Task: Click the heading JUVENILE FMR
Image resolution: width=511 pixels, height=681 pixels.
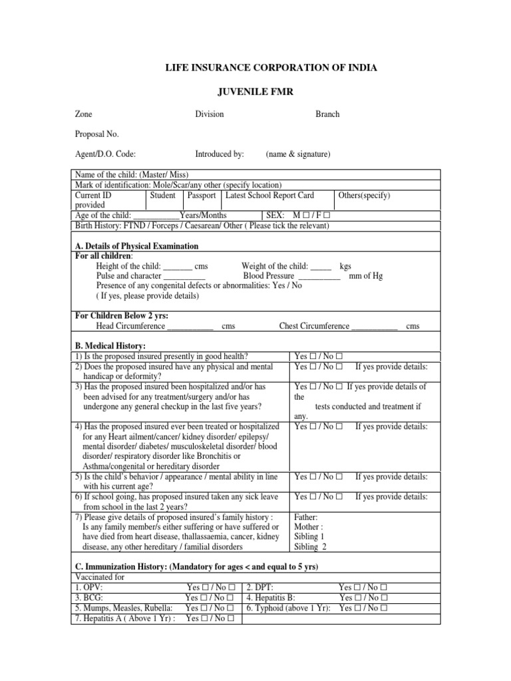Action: pyautogui.click(x=256, y=91)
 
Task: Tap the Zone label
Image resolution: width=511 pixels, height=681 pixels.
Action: pyautogui.click(x=83, y=114)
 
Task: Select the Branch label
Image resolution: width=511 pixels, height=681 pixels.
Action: pyautogui.click(x=327, y=114)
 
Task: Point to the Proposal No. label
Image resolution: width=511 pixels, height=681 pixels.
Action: pyautogui.click(x=96, y=134)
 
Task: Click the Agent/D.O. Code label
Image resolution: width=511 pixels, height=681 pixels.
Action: pyautogui.click(x=105, y=154)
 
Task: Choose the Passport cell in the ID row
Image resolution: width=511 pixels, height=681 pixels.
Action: pyautogui.click(x=202, y=196)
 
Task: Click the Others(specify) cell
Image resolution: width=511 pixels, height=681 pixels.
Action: pyautogui.click(x=364, y=196)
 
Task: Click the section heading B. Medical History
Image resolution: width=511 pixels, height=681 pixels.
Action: pyautogui.click(x=109, y=346)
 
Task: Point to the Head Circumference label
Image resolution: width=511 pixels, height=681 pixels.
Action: pyautogui.click(x=131, y=327)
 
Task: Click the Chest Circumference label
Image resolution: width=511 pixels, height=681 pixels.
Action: pyautogui.click(x=314, y=327)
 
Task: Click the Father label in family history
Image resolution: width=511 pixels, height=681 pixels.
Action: pyautogui.click(x=306, y=517)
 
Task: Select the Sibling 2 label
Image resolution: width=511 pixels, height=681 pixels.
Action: pyautogui.click(x=311, y=547)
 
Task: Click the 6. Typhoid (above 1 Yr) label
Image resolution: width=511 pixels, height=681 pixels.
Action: pyautogui.click(x=288, y=608)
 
